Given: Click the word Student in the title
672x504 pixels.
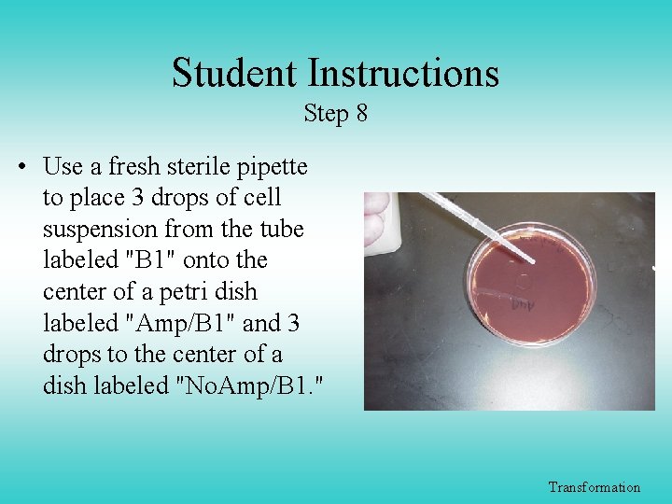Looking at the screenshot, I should point(234,74).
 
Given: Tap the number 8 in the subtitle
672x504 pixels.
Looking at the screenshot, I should point(361,114).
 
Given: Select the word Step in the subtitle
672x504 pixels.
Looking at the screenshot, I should point(325,115).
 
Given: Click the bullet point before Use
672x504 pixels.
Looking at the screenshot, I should point(21,168).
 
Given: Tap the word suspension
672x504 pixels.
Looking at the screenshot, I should point(100,230).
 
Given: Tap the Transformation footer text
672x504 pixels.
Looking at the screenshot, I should point(595,487).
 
